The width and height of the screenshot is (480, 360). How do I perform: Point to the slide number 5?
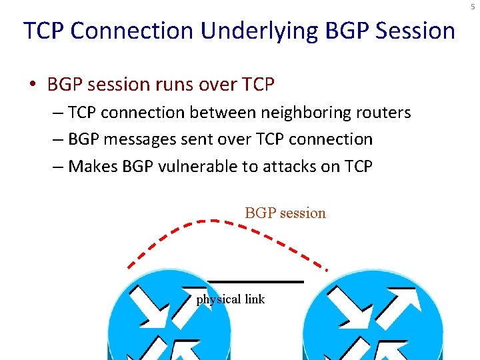[x=473, y=6]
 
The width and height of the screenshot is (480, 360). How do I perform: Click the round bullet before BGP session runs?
[x=32, y=85]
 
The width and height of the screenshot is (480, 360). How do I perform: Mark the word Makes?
[x=93, y=166]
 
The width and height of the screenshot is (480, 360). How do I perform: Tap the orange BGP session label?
[x=285, y=213]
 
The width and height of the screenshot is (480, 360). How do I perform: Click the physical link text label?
[x=230, y=299]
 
